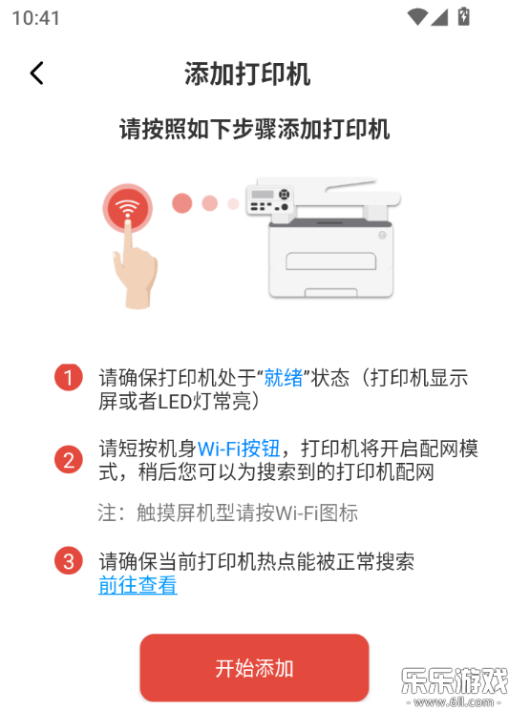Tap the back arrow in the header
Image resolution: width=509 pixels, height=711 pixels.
click(x=36, y=73)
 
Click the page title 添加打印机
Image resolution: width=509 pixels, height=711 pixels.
click(x=247, y=73)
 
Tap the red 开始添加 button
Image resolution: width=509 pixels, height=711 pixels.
click(x=254, y=668)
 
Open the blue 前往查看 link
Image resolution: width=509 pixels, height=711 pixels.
click(x=138, y=585)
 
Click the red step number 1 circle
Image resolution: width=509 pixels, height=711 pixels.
click(x=69, y=377)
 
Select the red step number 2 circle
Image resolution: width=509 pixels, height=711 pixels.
click(x=69, y=460)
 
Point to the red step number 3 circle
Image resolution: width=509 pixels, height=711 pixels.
click(x=69, y=561)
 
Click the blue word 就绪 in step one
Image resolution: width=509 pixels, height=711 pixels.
click(x=284, y=378)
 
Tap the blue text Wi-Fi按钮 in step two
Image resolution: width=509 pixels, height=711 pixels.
click(x=239, y=449)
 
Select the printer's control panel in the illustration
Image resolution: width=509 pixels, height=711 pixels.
click(x=269, y=199)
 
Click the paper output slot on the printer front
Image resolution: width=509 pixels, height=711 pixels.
click(x=330, y=261)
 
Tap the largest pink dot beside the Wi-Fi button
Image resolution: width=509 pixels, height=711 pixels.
click(x=181, y=203)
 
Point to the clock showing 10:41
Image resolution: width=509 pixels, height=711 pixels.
click(x=36, y=18)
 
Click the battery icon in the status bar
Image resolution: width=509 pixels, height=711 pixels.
click(x=463, y=17)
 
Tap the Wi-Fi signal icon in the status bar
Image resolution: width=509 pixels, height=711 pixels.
click(x=416, y=17)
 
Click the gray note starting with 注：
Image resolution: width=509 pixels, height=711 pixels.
click(x=228, y=512)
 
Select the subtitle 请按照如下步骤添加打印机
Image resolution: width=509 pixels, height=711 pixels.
click(x=254, y=129)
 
